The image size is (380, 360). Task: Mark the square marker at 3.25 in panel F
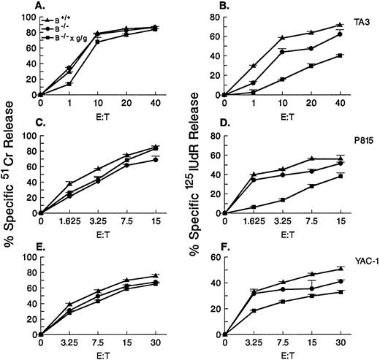click(254, 311)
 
